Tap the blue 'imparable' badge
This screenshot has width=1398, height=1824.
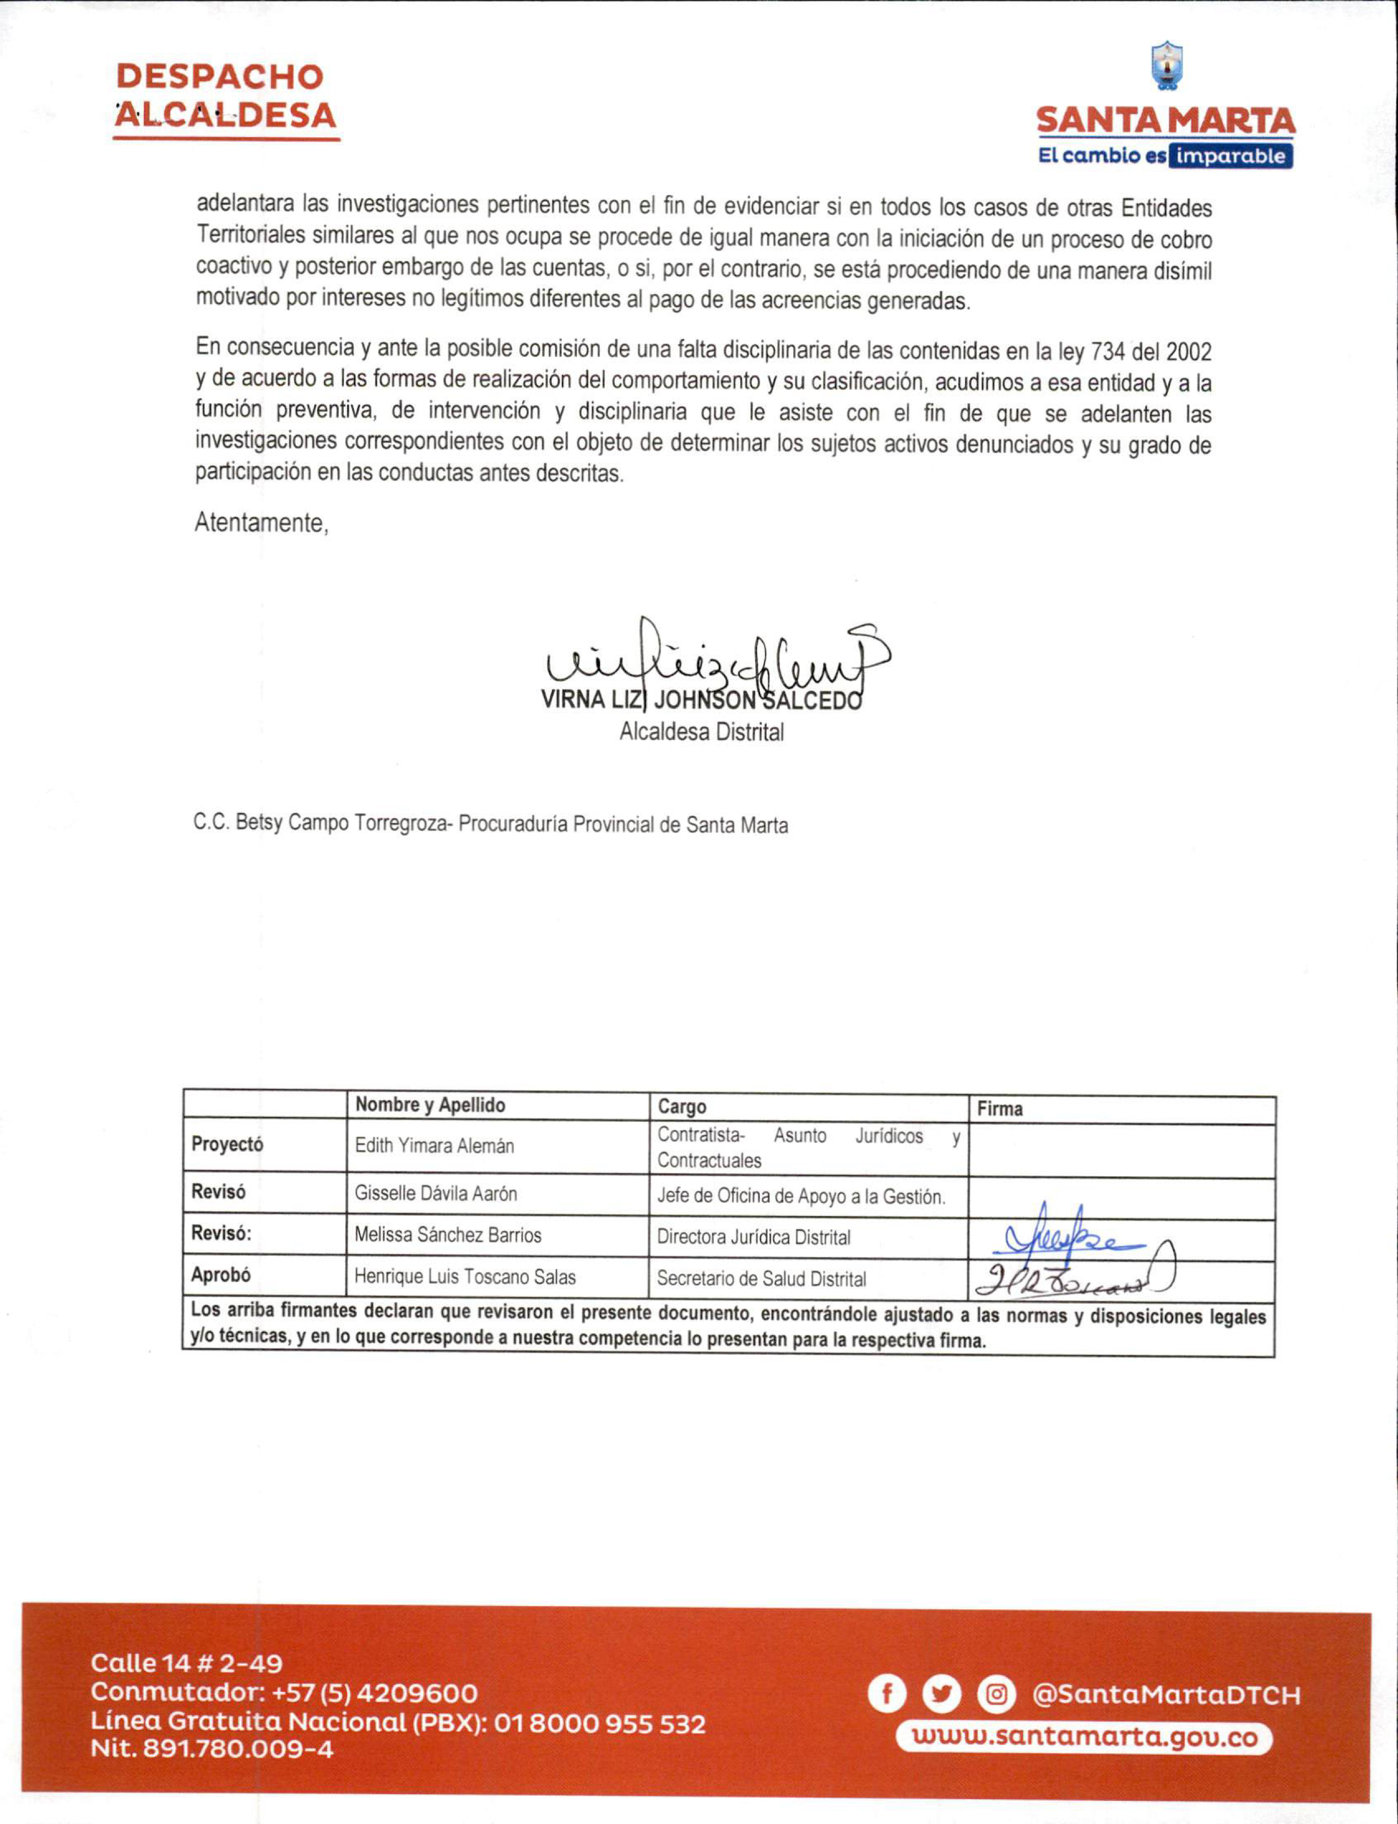[1230, 156]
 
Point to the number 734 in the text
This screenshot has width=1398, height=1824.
[1108, 352]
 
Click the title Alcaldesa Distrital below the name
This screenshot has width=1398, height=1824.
[701, 732]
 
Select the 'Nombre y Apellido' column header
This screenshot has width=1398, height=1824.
[430, 1105]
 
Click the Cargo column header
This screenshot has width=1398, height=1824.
[681, 1107]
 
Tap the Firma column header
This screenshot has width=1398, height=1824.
[999, 1109]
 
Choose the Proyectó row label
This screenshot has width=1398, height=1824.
[227, 1144]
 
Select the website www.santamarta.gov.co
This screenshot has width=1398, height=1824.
[1084, 1738]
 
